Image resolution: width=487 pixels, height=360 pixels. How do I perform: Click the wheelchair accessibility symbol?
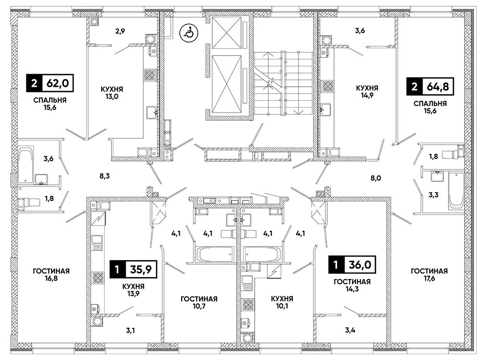[x=187, y=33]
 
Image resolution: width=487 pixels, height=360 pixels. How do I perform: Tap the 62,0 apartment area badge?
[x=51, y=83]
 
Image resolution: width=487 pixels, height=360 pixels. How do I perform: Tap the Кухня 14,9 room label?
[x=367, y=92]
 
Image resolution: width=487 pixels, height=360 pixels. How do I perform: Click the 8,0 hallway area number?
[x=375, y=178]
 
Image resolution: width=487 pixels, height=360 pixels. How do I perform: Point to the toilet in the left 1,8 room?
[x=29, y=203]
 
